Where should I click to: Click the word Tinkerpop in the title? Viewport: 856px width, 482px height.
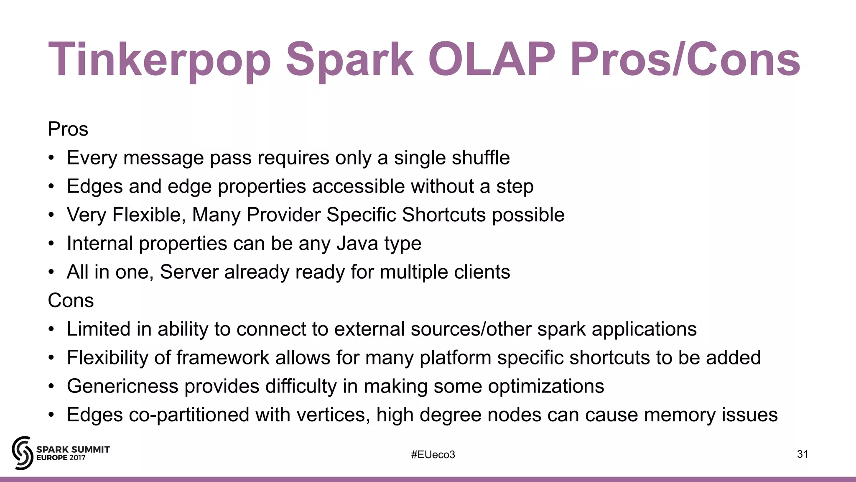coord(160,60)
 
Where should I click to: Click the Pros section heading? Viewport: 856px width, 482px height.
coord(68,129)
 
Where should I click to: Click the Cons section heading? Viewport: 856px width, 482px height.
coord(71,300)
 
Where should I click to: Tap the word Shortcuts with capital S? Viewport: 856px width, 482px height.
coord(444,215)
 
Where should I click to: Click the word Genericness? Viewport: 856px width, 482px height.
coord(122,386)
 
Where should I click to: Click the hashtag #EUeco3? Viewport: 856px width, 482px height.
coord(433,454)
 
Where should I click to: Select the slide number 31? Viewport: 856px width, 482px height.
coord(802,454)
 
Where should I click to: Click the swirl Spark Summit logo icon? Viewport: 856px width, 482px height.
coord(22,453)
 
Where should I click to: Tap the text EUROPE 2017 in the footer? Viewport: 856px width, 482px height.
coord(61,458)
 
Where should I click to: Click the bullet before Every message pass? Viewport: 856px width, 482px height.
coord(51,158)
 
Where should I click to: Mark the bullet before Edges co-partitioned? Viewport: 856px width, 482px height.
coord(51,415)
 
